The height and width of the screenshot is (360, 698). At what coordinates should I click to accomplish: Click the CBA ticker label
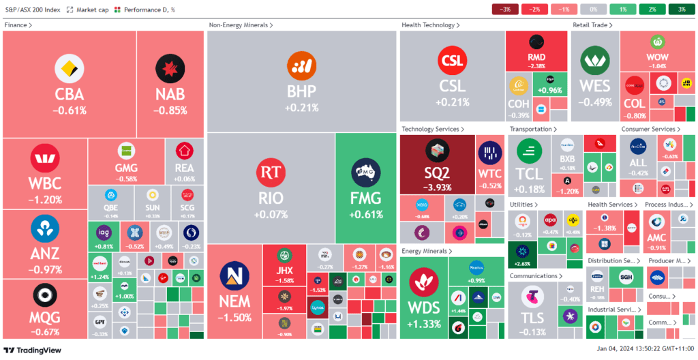click(70, 94)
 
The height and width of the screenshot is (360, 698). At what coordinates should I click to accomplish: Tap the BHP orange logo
click(301, 65)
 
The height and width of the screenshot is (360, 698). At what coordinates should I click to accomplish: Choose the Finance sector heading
click(18, 25)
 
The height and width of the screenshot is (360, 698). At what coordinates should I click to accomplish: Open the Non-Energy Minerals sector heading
click(241, 25)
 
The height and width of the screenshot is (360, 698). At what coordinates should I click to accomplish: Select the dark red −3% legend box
click(505, 10)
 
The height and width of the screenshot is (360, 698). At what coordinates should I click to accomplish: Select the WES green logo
click(594, 63)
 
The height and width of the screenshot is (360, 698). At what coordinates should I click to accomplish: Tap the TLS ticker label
click(532, 318)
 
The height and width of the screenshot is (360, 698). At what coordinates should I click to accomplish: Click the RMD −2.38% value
click(536, 66)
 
